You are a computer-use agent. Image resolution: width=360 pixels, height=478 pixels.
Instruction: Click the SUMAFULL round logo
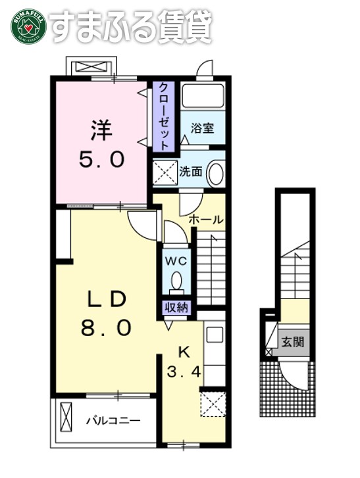[26, 26]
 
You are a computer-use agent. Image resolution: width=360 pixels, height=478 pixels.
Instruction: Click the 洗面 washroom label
[191, 172]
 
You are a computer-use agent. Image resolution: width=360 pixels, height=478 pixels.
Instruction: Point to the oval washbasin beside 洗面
[215, 173]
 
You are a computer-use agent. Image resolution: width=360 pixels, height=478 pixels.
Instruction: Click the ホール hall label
[206, 219]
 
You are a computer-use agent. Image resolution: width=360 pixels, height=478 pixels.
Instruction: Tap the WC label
[176, 260]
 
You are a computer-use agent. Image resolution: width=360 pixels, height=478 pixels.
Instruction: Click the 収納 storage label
[176, 306]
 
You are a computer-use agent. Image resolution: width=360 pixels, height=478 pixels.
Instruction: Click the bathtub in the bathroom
[203, 96]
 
